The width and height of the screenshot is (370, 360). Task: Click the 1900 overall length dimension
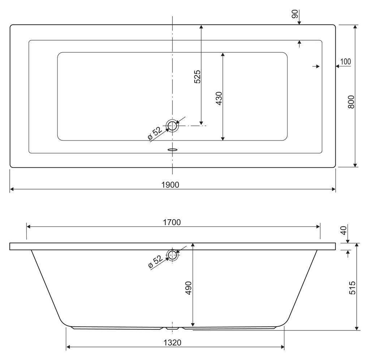pos(170,185)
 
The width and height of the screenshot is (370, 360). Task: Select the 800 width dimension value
pos(351,102)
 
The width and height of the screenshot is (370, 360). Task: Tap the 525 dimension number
pos(197,77)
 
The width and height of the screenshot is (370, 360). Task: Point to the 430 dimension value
pos(219,98)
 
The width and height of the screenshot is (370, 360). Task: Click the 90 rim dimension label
pos(295,14)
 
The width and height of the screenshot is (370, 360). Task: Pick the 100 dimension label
pos(345,61)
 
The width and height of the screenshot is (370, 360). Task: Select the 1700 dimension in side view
pos(172,222)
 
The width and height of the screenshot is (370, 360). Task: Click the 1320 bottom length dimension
pos(172,343)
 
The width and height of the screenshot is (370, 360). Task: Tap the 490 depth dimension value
pos(188,288)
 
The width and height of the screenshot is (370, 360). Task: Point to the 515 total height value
pos(352,288)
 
